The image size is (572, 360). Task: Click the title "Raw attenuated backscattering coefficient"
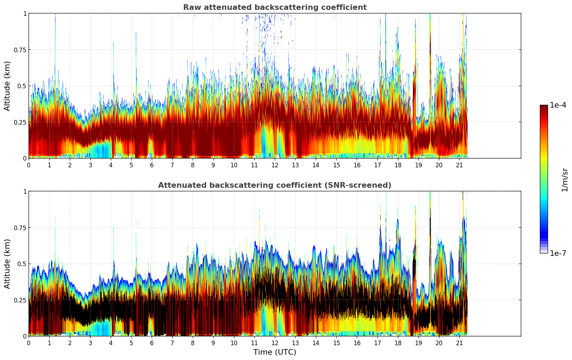coord(275,7)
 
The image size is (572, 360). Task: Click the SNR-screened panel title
coord(275,185)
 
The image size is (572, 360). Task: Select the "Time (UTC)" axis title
coord(275,352)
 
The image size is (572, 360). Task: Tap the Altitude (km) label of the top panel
coord(7,86)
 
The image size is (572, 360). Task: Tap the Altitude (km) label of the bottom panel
coord(7,264)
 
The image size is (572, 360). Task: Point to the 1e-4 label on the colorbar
coord(558,105)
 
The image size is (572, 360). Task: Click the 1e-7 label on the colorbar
coord(558,253)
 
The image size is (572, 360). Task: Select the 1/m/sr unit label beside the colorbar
coord(565,180)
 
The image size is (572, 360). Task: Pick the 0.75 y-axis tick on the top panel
coord(20,50)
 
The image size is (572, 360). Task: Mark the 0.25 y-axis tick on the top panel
coord(20,122)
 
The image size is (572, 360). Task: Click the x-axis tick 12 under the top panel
coord(275,165)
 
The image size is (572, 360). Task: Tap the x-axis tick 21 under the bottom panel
coord(459,343)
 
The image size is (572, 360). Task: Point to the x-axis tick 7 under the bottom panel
coord(172,343)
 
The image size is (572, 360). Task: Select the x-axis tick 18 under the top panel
coord(398,165)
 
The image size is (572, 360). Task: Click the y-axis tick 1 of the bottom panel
coord(25,191)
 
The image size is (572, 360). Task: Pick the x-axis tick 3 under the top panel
coord(90,165)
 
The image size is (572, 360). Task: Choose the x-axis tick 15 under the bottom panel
coord(337,343)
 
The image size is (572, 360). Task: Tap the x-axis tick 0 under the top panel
coord(29,165)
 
